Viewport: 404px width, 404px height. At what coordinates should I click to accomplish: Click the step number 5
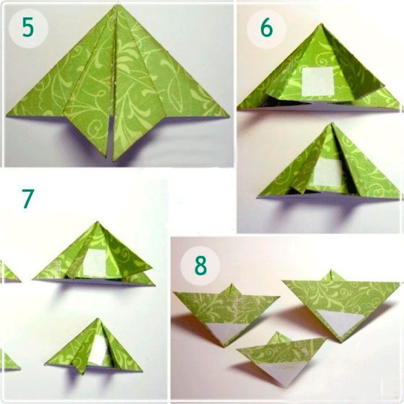click(x=28, y=27)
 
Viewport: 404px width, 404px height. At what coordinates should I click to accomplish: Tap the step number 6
click(x=267, y=28)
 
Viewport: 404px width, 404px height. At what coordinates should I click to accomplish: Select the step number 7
click(x=28, y=199)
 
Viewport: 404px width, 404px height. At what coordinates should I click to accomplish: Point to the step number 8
click(x=200, y=265)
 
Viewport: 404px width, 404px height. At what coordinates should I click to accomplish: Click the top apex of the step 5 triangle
click(x=117, y=6)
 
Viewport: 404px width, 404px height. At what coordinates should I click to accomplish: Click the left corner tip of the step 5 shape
click(x=7, y=115)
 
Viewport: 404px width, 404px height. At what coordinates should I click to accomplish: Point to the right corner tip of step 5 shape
click(x=229, y=116)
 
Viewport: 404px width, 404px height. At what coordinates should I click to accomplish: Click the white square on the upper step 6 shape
click(x=318, y=81)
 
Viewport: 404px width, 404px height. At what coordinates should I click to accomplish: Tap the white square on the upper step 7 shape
click(x=95, y=262)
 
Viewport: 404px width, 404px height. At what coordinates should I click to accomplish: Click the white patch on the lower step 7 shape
click(x=99, y=350)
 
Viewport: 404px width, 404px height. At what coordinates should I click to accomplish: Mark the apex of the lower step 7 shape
click(x=98, y=319)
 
